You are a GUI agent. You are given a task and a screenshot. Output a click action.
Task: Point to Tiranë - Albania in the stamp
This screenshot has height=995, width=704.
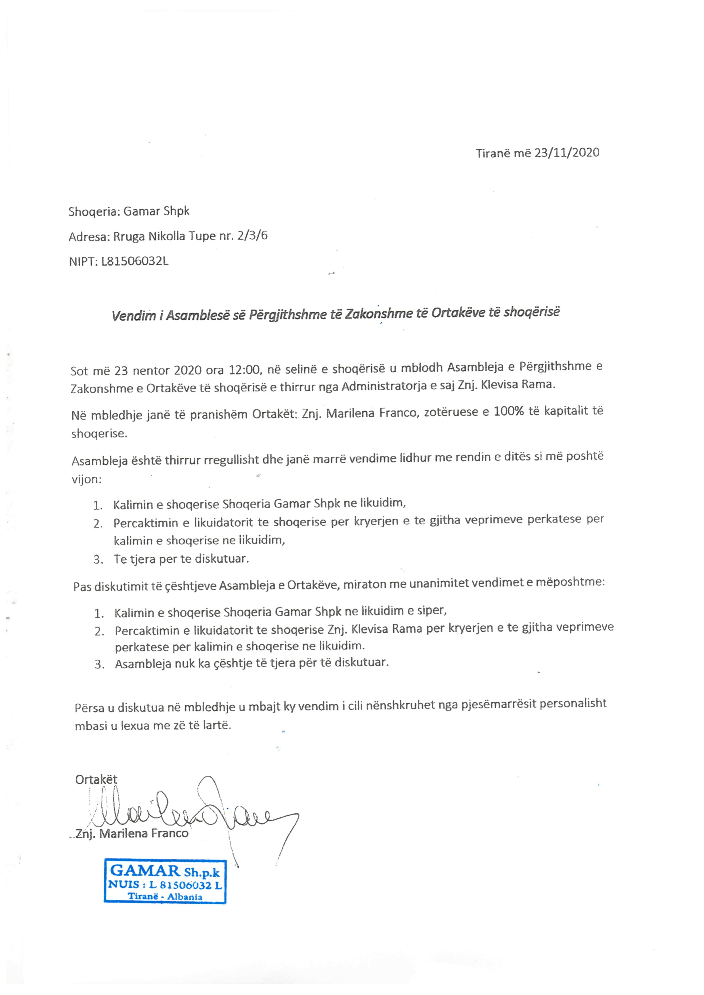tap(165, 896)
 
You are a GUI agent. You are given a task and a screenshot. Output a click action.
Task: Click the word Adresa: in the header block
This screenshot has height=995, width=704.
tap(89, 237)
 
